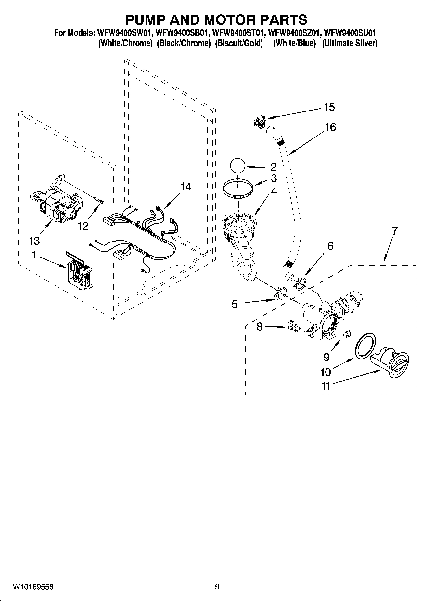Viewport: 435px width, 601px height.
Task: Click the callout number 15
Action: coord(329,107)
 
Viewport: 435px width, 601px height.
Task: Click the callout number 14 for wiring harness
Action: coord(186,187)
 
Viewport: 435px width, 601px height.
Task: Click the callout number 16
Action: coord(330,127)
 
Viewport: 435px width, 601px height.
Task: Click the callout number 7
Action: coord(394,231)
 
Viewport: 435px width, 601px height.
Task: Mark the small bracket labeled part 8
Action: coord(294,326)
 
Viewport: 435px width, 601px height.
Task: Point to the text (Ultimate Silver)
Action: coord(350,44)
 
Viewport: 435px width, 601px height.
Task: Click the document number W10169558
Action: coord(33,587)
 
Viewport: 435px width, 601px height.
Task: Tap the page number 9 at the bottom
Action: coord(217,587)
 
